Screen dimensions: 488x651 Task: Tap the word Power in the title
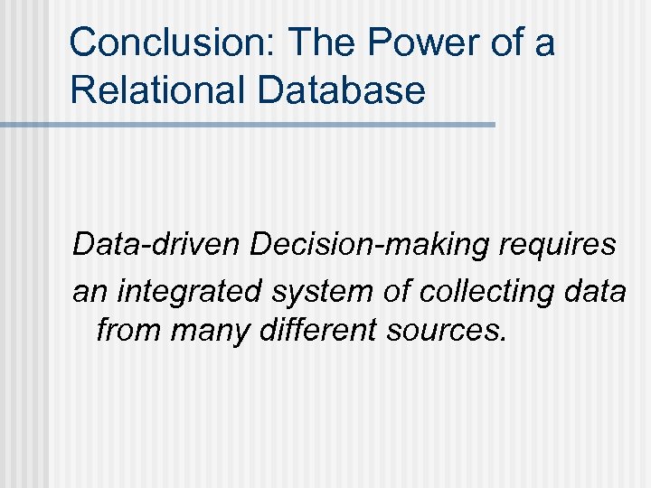[401, 42]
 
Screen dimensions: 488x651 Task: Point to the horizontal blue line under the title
[248, 125]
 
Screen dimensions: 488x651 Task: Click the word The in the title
[314, 42]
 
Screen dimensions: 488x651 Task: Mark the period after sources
[501, 341]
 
